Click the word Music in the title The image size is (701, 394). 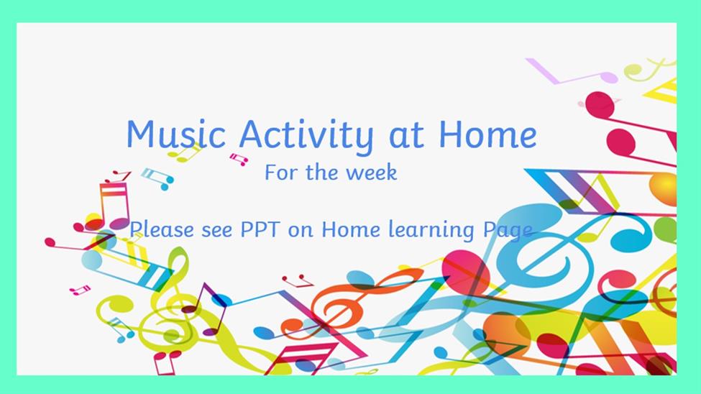(x=175, y=134)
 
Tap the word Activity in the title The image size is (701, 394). (x=306, y=135)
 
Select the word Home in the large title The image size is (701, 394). (x=487, y=134)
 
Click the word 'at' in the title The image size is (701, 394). (x=406, y=135)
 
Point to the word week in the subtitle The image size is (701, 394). (x=372, y=173)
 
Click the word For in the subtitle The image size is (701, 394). (x=282, y=173)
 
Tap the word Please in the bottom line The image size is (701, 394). (x=162, y=229)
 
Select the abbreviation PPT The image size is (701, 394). (x=260, y=229)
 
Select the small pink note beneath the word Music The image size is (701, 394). (x=239, y=159)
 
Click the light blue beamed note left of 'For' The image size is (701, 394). (x=157, y=178)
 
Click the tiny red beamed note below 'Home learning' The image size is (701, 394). (x=298, y=281)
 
